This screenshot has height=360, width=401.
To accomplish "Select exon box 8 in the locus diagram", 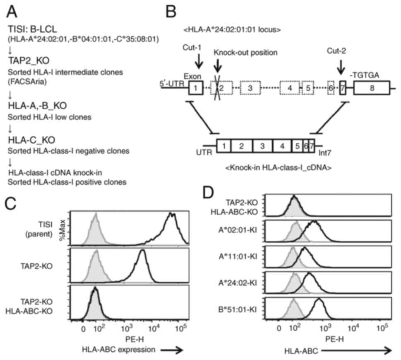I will [371, 88].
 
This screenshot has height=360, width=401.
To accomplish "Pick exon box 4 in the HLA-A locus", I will [290, 89].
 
